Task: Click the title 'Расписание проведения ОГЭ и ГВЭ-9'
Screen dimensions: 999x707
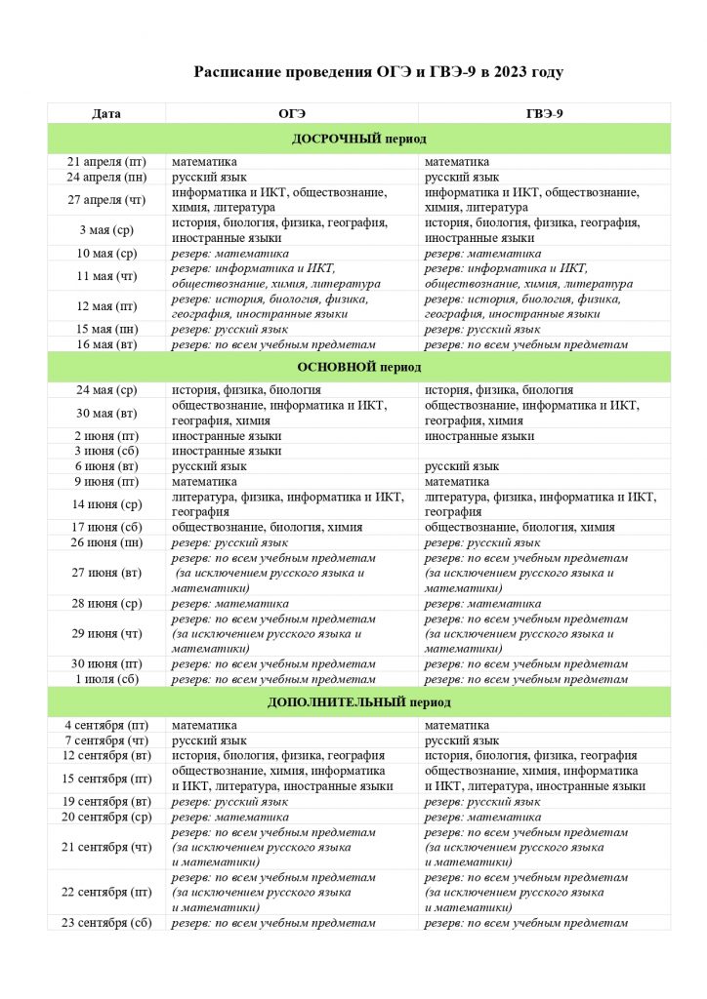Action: (x=378, y=72)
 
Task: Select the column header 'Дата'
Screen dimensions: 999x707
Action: (x=106, y=113)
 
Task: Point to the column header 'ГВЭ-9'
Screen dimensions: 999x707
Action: (x=544, y=113)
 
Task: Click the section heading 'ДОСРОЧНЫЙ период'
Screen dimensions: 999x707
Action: (x=359, y=139)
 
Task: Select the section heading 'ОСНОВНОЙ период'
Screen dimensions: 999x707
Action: (x=359, y=368)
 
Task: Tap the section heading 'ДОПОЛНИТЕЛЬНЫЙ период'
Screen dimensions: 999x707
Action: (x=359, y=702)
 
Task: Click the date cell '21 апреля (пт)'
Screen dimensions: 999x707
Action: (x=106, y=161)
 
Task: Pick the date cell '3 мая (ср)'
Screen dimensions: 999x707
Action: (x=106, y=230)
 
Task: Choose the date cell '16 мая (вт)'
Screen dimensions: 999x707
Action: (x=106, y=344)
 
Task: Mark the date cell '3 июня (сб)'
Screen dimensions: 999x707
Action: (x=106, y=451)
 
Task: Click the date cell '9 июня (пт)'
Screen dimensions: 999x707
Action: (x=106, y=481)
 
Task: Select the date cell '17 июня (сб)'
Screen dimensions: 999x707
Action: (x=106, y=527)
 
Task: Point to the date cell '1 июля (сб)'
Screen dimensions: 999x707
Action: (x=106, y=679)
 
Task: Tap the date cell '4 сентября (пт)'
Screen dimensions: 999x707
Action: (x=106, y=725)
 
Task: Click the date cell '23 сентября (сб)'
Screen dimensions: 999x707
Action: (x=106, y=923)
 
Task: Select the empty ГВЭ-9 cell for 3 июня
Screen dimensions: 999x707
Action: (x=544, y=451)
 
